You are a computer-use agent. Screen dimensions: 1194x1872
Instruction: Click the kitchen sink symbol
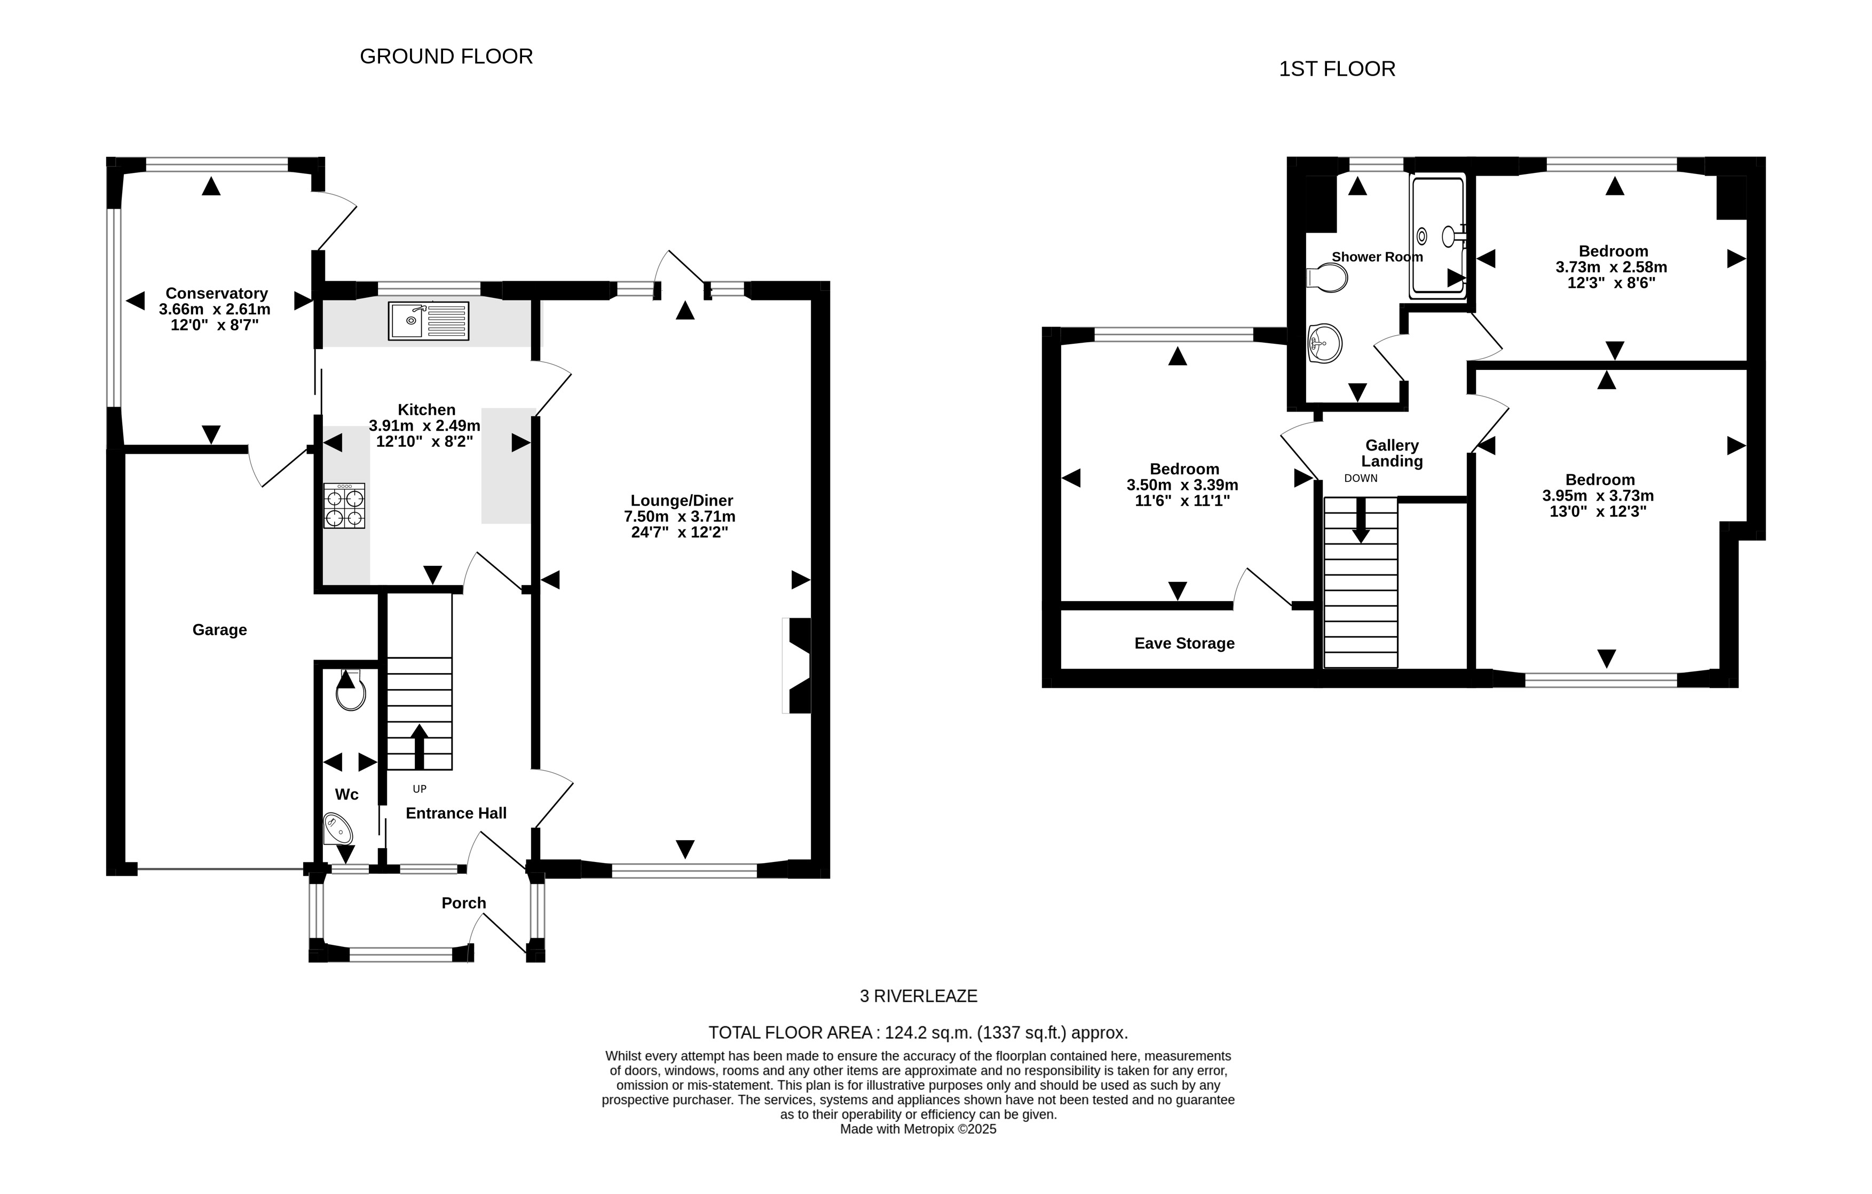(428, 321)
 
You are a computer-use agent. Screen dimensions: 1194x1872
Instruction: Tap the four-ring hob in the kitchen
(344, 507)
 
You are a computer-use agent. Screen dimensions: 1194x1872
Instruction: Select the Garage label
(219, 630)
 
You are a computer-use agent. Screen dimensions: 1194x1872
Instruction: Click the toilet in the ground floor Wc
(351, 691)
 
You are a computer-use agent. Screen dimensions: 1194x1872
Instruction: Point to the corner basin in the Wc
(337, 829)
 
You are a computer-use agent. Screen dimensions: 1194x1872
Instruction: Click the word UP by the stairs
(419, 789)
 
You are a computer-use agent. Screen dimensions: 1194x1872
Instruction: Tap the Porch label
(463, 903)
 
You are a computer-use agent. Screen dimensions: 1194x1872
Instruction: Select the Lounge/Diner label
(681, 501)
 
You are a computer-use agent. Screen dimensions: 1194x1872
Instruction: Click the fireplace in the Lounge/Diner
(799, 666)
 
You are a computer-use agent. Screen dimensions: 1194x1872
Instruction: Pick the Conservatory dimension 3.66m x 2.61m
(215, 310)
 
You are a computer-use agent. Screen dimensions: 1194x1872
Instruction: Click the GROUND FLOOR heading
(446, 57)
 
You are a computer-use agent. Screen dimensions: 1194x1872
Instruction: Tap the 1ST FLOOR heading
(1337, 69)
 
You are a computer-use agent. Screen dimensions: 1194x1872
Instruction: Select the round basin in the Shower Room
(1325, 343)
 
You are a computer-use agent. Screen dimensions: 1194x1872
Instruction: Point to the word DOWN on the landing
(1361, 478)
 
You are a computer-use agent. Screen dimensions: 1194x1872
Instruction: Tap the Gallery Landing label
(1392, 453)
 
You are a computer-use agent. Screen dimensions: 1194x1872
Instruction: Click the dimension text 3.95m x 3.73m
(1598, 496)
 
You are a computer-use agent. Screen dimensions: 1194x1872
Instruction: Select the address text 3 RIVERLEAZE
(918, 996)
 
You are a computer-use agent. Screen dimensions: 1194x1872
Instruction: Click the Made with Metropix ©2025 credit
(918, 1129)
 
